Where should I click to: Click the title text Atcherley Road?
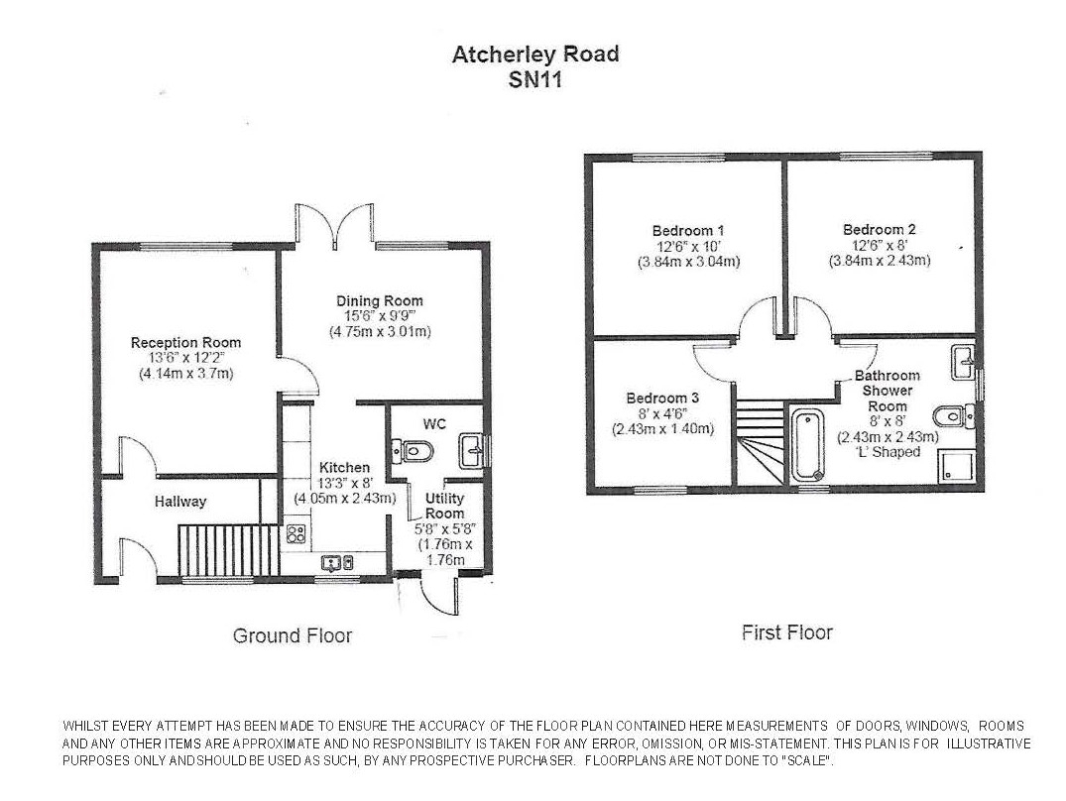[x=535, y=55]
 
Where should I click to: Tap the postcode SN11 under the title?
[x=535, y=80]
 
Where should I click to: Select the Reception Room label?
[x=186, y=343]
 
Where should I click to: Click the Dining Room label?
[x=379, y=301]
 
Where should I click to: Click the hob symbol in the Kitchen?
[x=296, y=534]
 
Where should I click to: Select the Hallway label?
[x=180, y=502]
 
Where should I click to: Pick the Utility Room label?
[x=444, y=506]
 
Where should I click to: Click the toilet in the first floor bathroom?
[x=952, y=413]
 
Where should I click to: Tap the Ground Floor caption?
[x=293, y=635]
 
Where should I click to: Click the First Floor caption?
[x=787, y=632]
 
